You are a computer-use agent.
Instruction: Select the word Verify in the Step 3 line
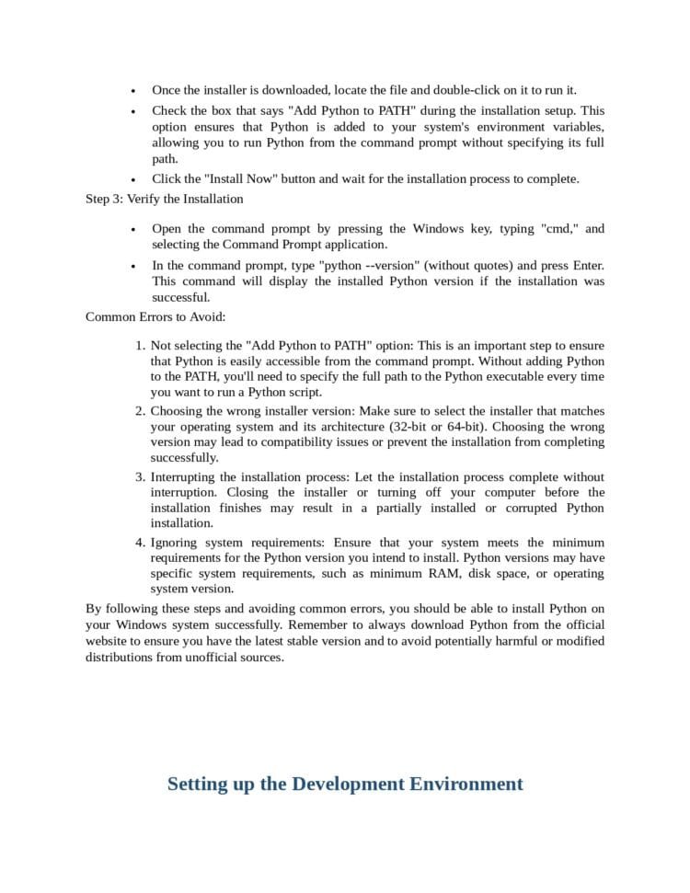pos(144,199)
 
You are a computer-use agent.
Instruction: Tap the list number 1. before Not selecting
pos(141,346)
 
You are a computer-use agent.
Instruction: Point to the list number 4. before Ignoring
pos(141,543)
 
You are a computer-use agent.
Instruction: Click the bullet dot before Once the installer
pos(133,91)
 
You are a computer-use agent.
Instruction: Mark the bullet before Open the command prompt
pos(133,229)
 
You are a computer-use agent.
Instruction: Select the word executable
pos(507,376)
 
